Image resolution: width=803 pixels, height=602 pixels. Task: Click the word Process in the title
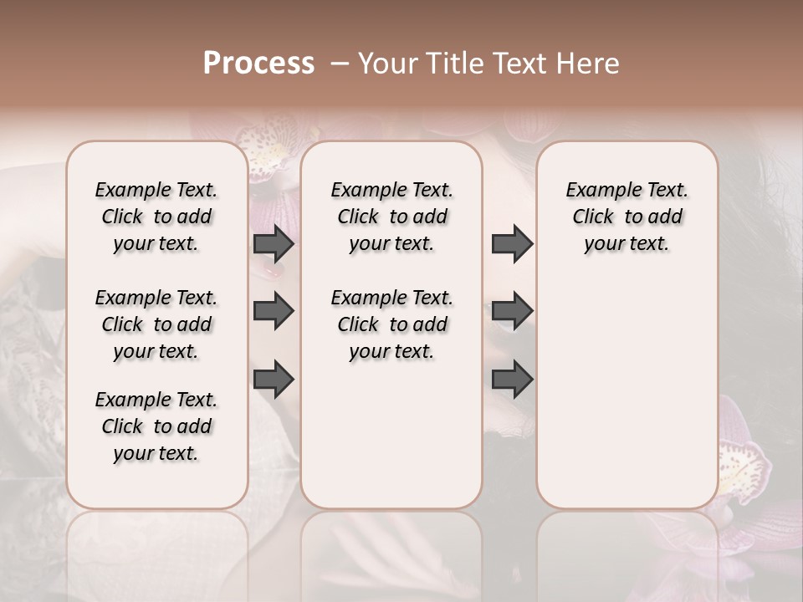pyautogui.click(x=258, y=64)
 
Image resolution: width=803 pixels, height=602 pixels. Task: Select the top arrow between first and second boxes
pyautogui.click(x=274, y=243)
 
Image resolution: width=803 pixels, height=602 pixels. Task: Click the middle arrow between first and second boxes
pyautogui.click(x=274, y=311)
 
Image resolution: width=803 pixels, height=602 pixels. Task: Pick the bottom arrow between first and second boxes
pyautogui.click(x=274, y=379)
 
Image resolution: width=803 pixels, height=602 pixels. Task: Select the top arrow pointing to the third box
pyautogui.click(x=512, y=243)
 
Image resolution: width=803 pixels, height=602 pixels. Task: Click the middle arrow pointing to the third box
pyautogui.click(x=512, y=311)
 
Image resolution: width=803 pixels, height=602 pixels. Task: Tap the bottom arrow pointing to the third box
pyautogui.click(x=512, y=379)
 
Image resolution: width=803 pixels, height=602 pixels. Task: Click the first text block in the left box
pyautogui.click(x=156, y=217)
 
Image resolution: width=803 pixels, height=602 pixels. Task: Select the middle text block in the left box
pyautogui.click(x=156, y=324)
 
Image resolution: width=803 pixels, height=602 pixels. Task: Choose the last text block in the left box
pyautogui.click(x=156, y=426)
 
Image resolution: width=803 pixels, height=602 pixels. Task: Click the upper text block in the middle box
pyautogui.click(x=391, y=217)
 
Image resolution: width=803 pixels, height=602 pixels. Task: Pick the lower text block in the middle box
pyautogui.click(x=391, y=324)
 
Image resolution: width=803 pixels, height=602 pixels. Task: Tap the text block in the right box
pyautogui.click(x=627, y=217)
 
